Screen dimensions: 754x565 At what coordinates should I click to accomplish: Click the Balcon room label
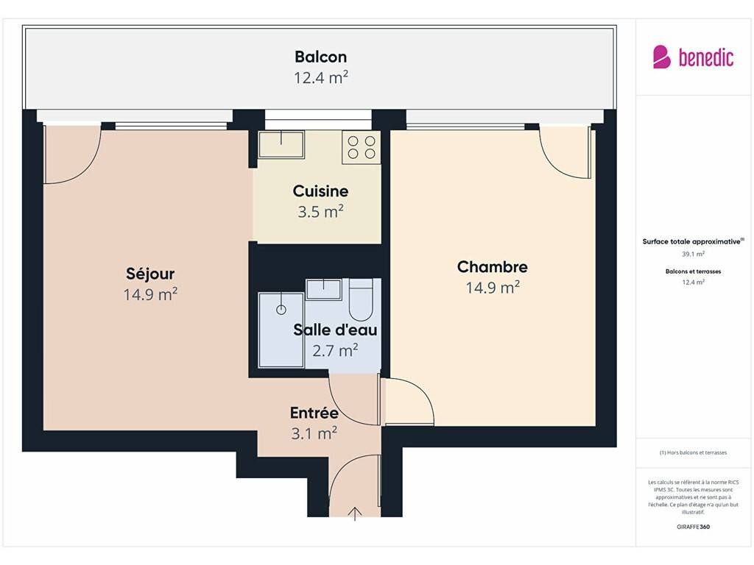[321, 57]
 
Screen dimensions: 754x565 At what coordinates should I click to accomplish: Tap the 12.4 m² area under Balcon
[321, 77]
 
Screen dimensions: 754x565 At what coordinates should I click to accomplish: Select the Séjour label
[150, 274]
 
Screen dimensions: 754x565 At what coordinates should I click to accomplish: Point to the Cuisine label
[320, 191]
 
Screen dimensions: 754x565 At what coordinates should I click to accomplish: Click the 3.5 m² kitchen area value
[320, 211]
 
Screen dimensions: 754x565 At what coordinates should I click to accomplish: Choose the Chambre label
[493, 266]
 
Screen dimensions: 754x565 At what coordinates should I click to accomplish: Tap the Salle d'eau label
[335, 330]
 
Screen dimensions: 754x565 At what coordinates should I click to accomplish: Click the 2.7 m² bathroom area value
[335, 350]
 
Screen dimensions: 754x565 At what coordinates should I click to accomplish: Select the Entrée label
[314, 413]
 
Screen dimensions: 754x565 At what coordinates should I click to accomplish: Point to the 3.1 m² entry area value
[314, 433]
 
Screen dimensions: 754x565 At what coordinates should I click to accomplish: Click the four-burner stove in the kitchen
[362, 147]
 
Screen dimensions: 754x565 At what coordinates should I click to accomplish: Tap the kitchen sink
[281, 144]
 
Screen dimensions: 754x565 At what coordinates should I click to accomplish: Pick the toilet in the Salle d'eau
[361, 300]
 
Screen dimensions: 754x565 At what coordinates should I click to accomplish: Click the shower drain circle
[281, 310]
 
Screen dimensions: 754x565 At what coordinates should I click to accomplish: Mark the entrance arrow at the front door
[355, 514]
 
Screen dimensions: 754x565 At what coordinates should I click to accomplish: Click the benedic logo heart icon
[662, 57]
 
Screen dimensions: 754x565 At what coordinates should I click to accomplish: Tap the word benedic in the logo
[706, 57]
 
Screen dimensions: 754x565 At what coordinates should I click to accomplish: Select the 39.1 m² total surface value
[693, 254]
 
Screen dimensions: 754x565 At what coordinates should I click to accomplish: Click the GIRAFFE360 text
[693, 527]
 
